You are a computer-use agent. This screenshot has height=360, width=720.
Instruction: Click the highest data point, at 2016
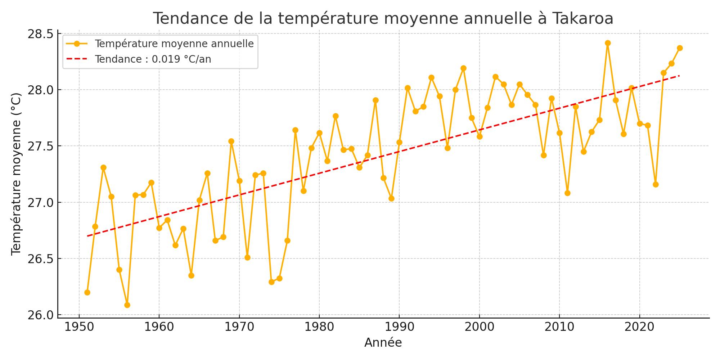(608, 43)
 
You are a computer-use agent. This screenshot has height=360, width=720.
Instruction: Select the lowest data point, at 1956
(127, 305)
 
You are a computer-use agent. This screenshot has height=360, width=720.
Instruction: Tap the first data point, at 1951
(87, 292)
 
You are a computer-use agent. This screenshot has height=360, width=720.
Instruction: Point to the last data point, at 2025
(680, 48)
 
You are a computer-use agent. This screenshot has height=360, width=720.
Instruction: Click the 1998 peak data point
(463, 68)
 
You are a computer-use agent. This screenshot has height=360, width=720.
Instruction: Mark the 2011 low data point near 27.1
(567, 193)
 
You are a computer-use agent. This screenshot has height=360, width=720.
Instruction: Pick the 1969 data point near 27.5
(231, 141)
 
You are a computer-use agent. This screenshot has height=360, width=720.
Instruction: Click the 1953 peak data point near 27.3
(103, 167)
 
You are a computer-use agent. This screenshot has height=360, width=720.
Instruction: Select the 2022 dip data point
(656, 184)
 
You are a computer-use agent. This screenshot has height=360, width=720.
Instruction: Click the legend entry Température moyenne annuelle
(174, 44)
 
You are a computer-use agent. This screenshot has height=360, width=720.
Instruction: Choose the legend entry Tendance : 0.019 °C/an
(153, 59)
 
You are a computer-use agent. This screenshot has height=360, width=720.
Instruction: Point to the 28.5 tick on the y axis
(40, 34)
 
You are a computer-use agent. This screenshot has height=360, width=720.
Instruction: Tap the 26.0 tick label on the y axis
(40, 315)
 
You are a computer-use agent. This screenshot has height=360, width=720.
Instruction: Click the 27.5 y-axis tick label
(40, 146)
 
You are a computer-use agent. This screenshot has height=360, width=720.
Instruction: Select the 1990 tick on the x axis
(399, 327)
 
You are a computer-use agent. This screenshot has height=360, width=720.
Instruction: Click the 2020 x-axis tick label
(639, 327)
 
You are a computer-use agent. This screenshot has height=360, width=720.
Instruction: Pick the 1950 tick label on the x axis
(79, 327)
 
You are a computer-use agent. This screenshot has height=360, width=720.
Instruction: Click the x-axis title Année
(383, 343)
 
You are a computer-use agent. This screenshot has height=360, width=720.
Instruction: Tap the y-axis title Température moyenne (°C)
(16, 174)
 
